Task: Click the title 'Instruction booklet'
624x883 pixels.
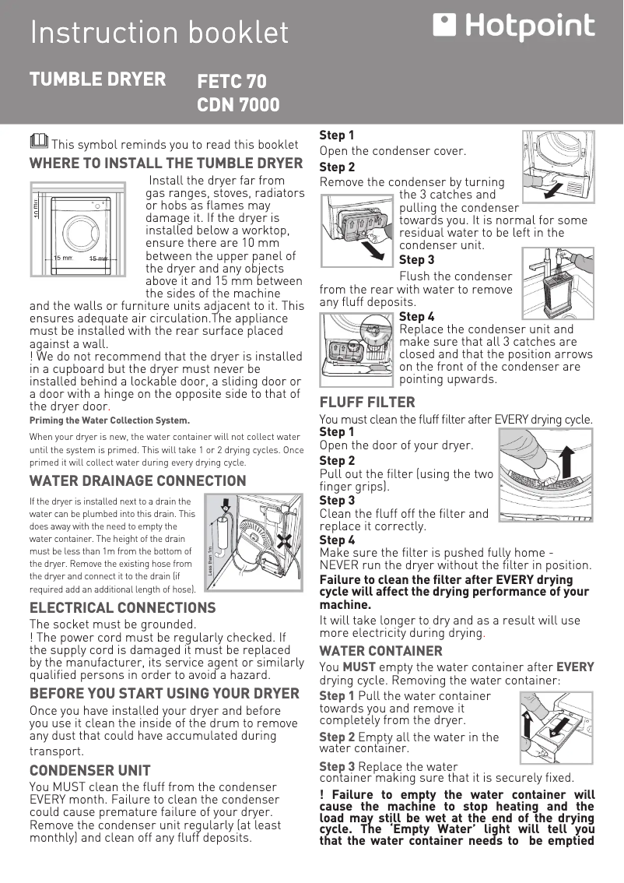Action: [159, 33]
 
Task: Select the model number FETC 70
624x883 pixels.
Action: [232, 82]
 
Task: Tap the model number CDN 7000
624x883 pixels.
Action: [238, 105]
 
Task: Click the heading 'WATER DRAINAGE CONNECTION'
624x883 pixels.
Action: [138, 481]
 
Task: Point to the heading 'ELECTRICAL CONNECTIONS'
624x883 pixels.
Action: [122, 607]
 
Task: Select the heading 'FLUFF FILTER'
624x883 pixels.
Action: [367, 403]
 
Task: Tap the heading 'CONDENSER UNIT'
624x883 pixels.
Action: [89, 771]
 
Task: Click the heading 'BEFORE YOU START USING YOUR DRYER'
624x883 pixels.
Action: [164, 694]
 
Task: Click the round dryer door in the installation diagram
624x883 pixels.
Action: [81, 231]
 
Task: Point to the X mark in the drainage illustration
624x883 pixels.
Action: [287, 540]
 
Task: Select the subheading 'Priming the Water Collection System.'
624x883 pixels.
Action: [109, 420]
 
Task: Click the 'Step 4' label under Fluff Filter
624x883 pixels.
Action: [337, 540]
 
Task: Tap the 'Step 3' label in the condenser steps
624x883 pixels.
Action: [416, 259]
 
